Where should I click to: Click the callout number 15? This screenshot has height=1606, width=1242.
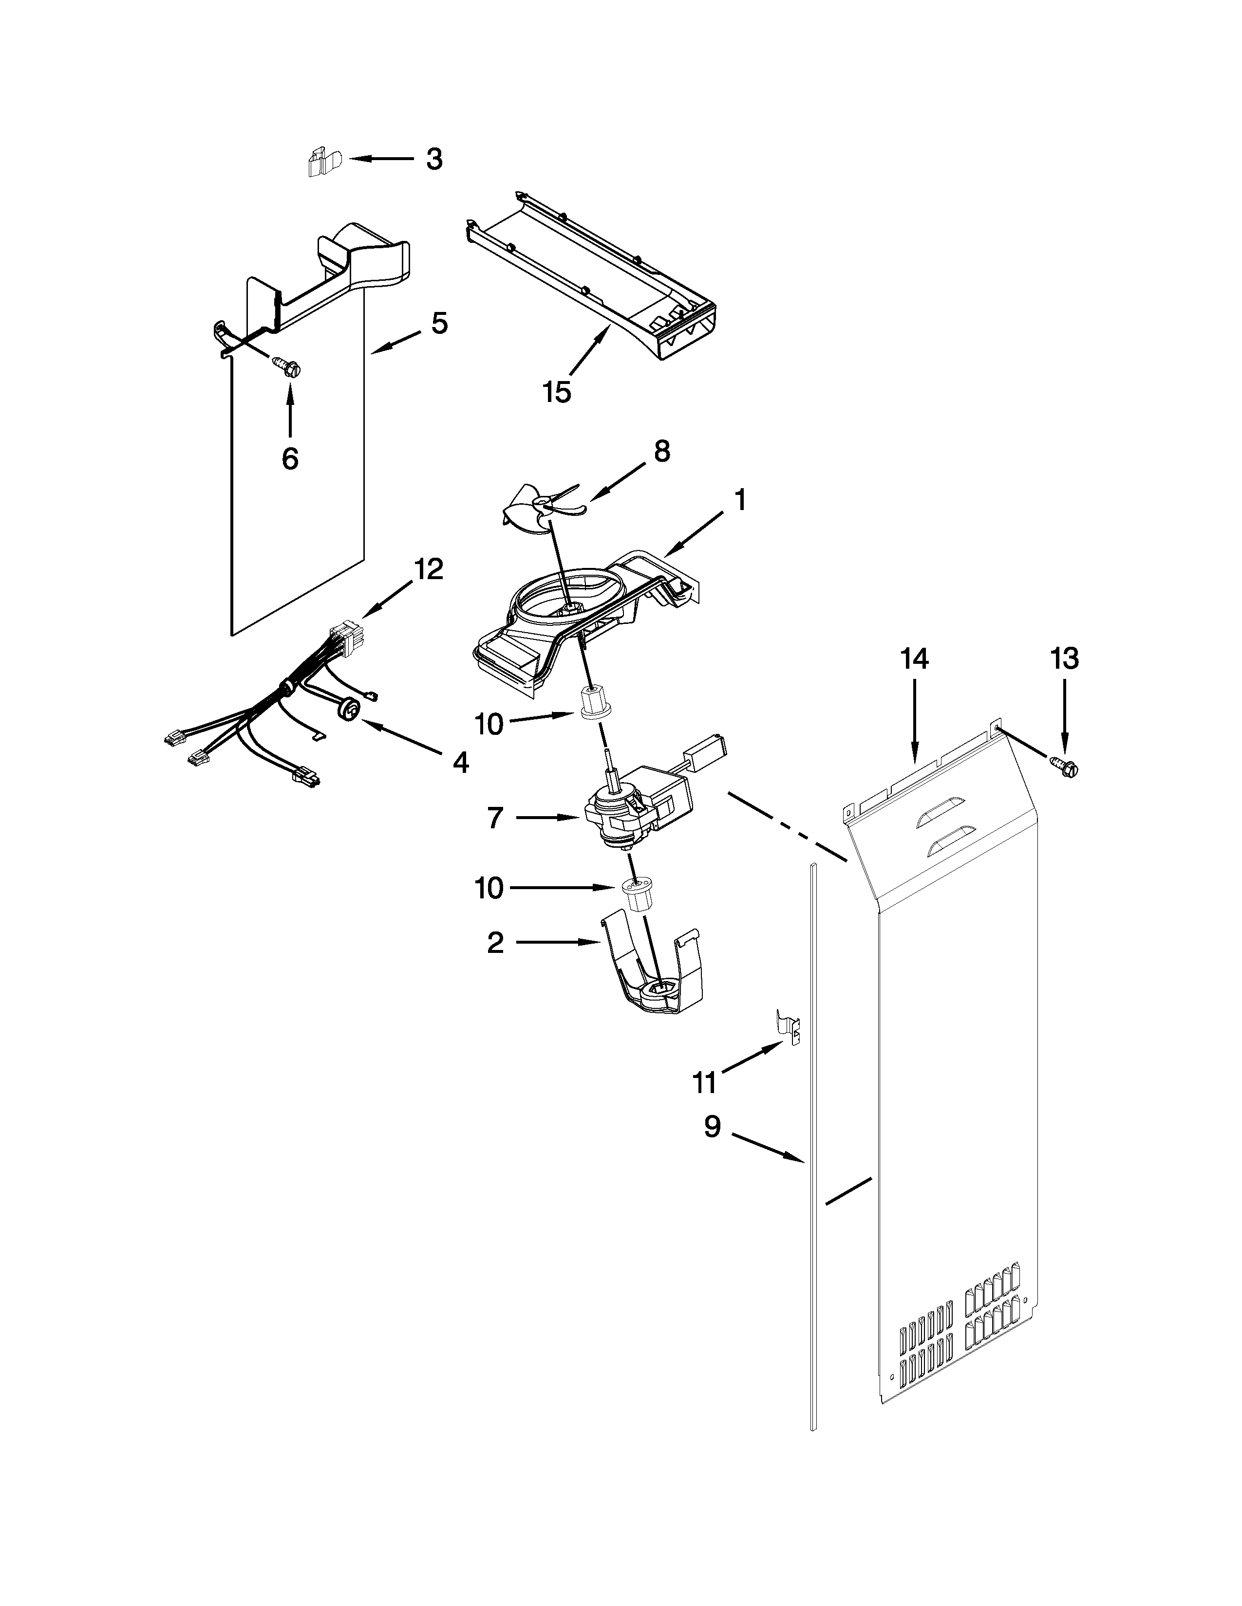558,392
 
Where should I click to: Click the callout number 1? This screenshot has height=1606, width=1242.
740,501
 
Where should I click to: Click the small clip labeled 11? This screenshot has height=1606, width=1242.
790,1025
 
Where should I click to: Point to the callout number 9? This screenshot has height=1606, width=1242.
712,1127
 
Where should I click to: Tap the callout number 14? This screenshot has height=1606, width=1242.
915,659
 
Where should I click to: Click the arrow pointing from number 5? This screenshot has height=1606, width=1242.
397,343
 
